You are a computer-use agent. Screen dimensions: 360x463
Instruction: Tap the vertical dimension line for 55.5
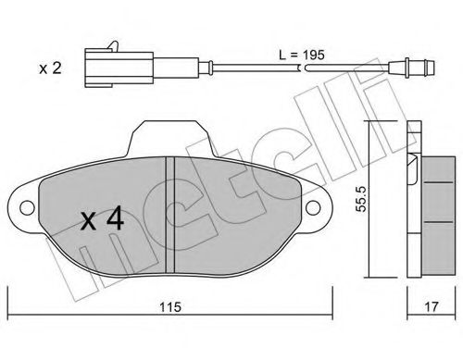[370, 199]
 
